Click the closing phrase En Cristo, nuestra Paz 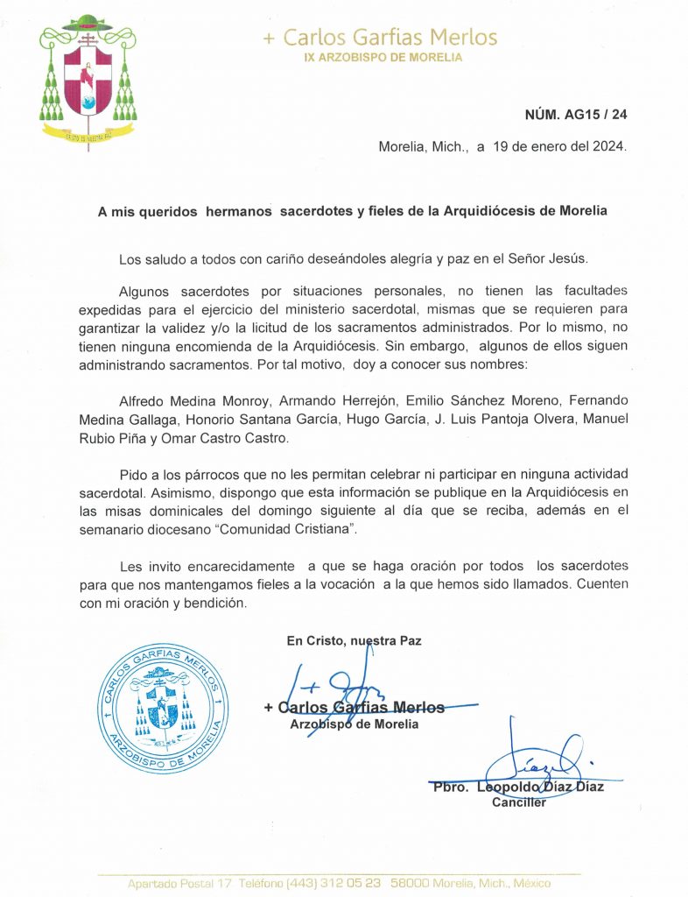[x=354, y=640]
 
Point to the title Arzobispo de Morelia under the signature [x=354, y=724]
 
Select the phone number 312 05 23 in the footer [x=346, y=884]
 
